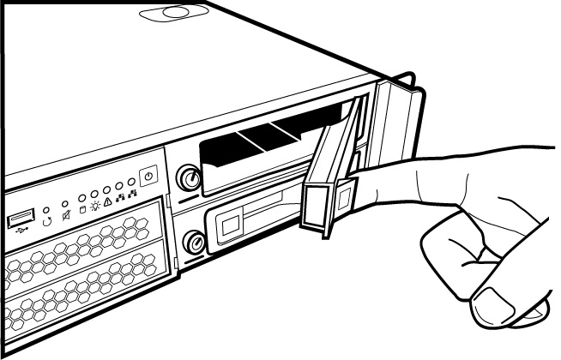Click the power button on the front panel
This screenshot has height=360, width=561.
point(148,174)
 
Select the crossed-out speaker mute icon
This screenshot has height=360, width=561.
point(66,219)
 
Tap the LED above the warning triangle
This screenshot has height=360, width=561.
point(107,189)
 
